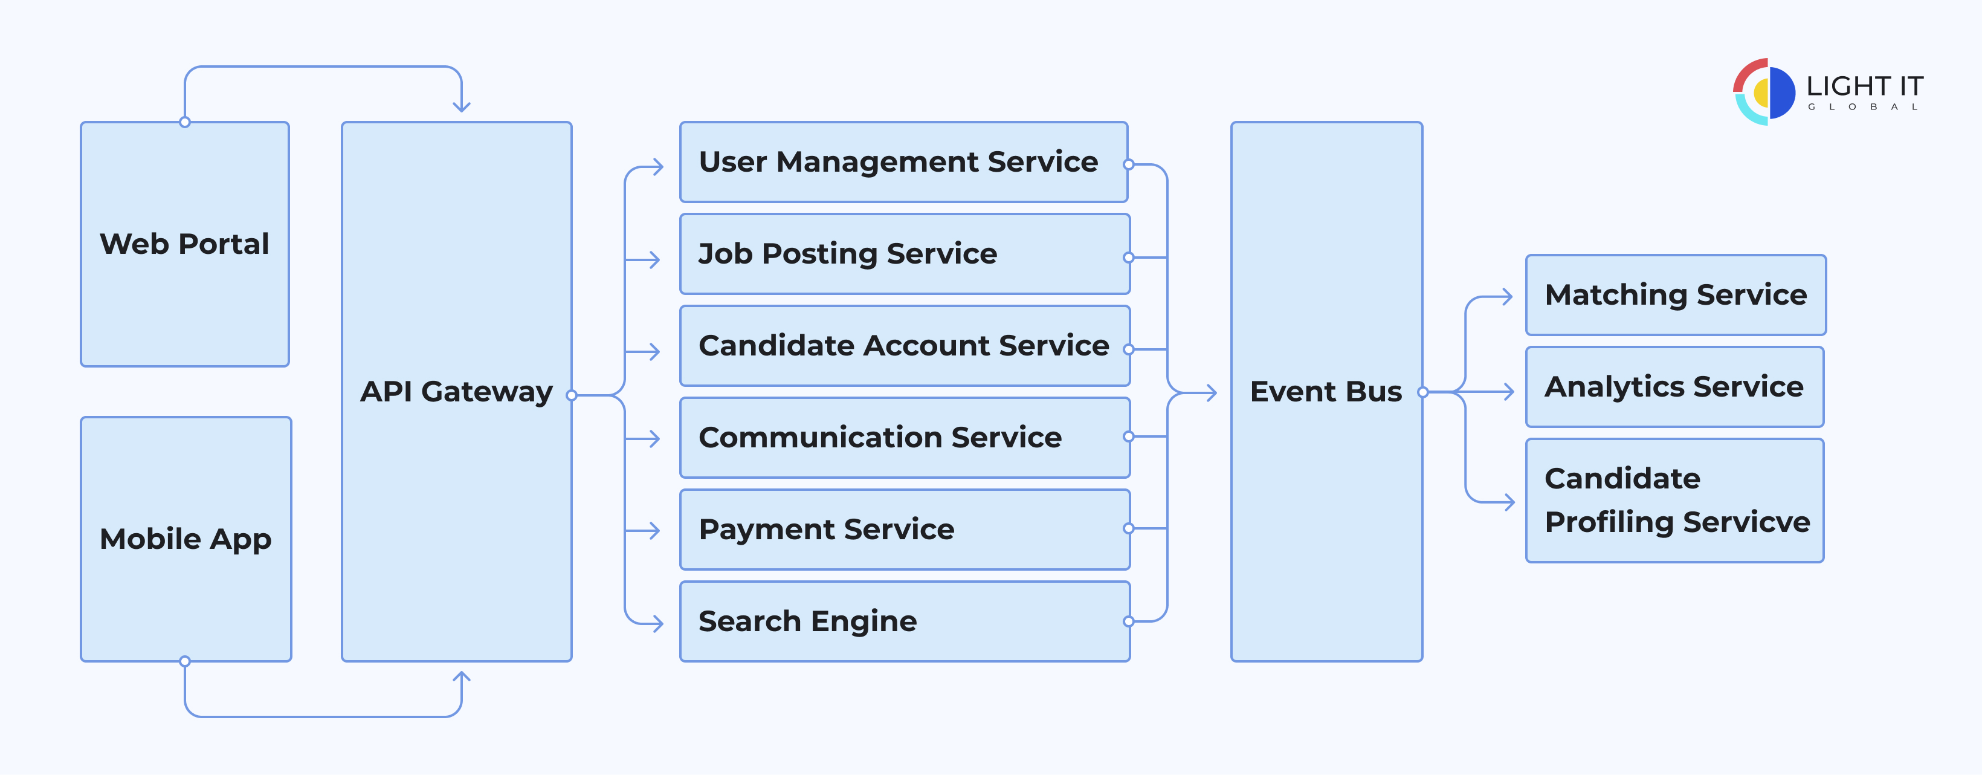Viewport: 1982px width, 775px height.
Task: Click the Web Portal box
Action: [185, 244]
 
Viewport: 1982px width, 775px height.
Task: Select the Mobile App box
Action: [186, 539]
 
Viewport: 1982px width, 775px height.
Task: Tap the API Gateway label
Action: [456, 392]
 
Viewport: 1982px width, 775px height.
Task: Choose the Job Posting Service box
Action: [904, 254]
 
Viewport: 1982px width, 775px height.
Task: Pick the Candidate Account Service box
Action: [904, 346]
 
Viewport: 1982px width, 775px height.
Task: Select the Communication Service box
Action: [904, 437]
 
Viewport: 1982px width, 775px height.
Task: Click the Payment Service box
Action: [904, 530]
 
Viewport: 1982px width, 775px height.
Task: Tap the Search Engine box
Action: [904, 621]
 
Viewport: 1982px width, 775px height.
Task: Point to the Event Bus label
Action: [1326, 392]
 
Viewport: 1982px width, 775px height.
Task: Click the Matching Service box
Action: [1675, 295]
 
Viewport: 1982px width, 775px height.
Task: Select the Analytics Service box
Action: [1674, 386]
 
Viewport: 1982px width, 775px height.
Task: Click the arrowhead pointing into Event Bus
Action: [1212, 394]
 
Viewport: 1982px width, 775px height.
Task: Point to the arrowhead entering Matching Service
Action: [1507, 296]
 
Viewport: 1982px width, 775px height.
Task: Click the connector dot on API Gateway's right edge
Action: [571, 395]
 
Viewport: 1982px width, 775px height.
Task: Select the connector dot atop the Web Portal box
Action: [185, 122]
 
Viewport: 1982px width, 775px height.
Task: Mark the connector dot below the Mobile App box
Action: [185, 661]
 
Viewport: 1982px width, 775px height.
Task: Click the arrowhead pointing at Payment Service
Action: [655, 530]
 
